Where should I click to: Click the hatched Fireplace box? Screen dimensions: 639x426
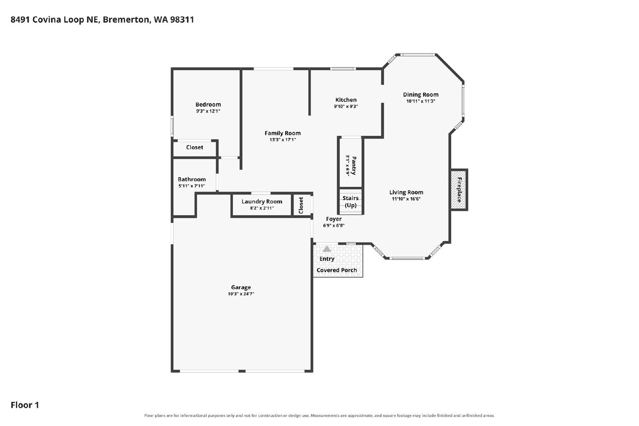[459, 190]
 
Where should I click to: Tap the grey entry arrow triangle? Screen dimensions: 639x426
[327, 249]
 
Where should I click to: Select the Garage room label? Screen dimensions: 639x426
[241, 287]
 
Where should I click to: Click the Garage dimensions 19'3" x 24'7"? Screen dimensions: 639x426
[241, 294]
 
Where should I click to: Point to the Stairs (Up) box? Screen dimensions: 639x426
[351, 202]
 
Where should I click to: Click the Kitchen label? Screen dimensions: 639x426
[346, 100]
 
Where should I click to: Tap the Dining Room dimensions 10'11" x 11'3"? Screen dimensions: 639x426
[421, 101]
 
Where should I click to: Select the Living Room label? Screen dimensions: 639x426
[406, 192]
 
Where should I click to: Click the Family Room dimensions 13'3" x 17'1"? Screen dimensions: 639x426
[282, 140]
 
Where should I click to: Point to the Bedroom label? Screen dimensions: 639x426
[208, 105]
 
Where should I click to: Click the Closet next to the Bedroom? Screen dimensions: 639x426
[194, 147]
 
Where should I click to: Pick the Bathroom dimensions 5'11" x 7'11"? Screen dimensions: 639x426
[192, 186]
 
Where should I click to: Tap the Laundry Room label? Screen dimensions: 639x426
[262, 202]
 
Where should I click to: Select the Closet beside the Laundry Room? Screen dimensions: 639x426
[301, 205]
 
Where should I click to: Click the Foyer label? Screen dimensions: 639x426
[334, 219]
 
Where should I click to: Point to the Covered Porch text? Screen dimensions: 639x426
[337, 270]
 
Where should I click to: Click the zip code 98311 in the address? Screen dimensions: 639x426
[182, 20]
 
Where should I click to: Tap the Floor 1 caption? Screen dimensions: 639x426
[25, 405]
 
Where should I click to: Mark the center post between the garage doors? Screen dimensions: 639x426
[242, 371]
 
